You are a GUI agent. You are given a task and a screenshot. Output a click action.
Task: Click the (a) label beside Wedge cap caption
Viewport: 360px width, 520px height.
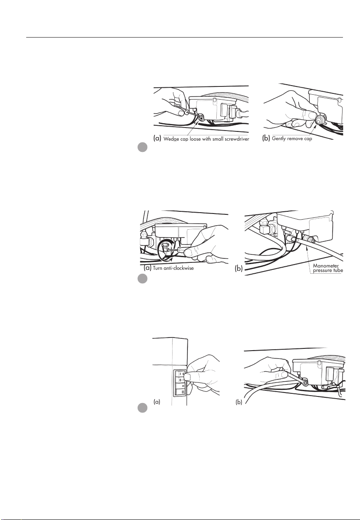tap(157, 138)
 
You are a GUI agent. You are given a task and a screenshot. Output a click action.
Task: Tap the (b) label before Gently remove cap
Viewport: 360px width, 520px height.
tap(266, 138)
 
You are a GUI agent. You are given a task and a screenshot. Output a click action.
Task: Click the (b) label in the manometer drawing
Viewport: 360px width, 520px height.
tap(239, 269)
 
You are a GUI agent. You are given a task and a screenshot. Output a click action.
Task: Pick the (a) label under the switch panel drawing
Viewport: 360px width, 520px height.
tap(157, 402)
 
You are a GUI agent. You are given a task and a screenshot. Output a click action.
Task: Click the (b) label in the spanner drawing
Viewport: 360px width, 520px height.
tap(239, 402)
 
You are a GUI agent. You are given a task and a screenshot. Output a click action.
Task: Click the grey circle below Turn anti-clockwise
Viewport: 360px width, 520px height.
tap(143, 279)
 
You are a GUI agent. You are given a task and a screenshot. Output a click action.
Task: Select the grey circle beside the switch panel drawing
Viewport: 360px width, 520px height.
tap(143, 408)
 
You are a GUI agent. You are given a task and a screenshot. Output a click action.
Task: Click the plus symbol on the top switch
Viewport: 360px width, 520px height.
tap(183, 373)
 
